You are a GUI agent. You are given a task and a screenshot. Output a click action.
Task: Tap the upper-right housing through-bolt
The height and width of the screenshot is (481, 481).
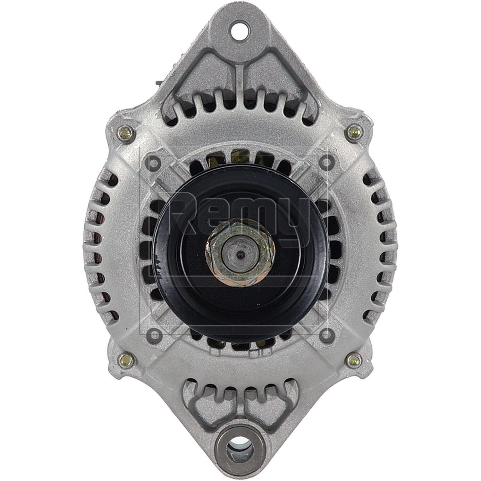(354, 131)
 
